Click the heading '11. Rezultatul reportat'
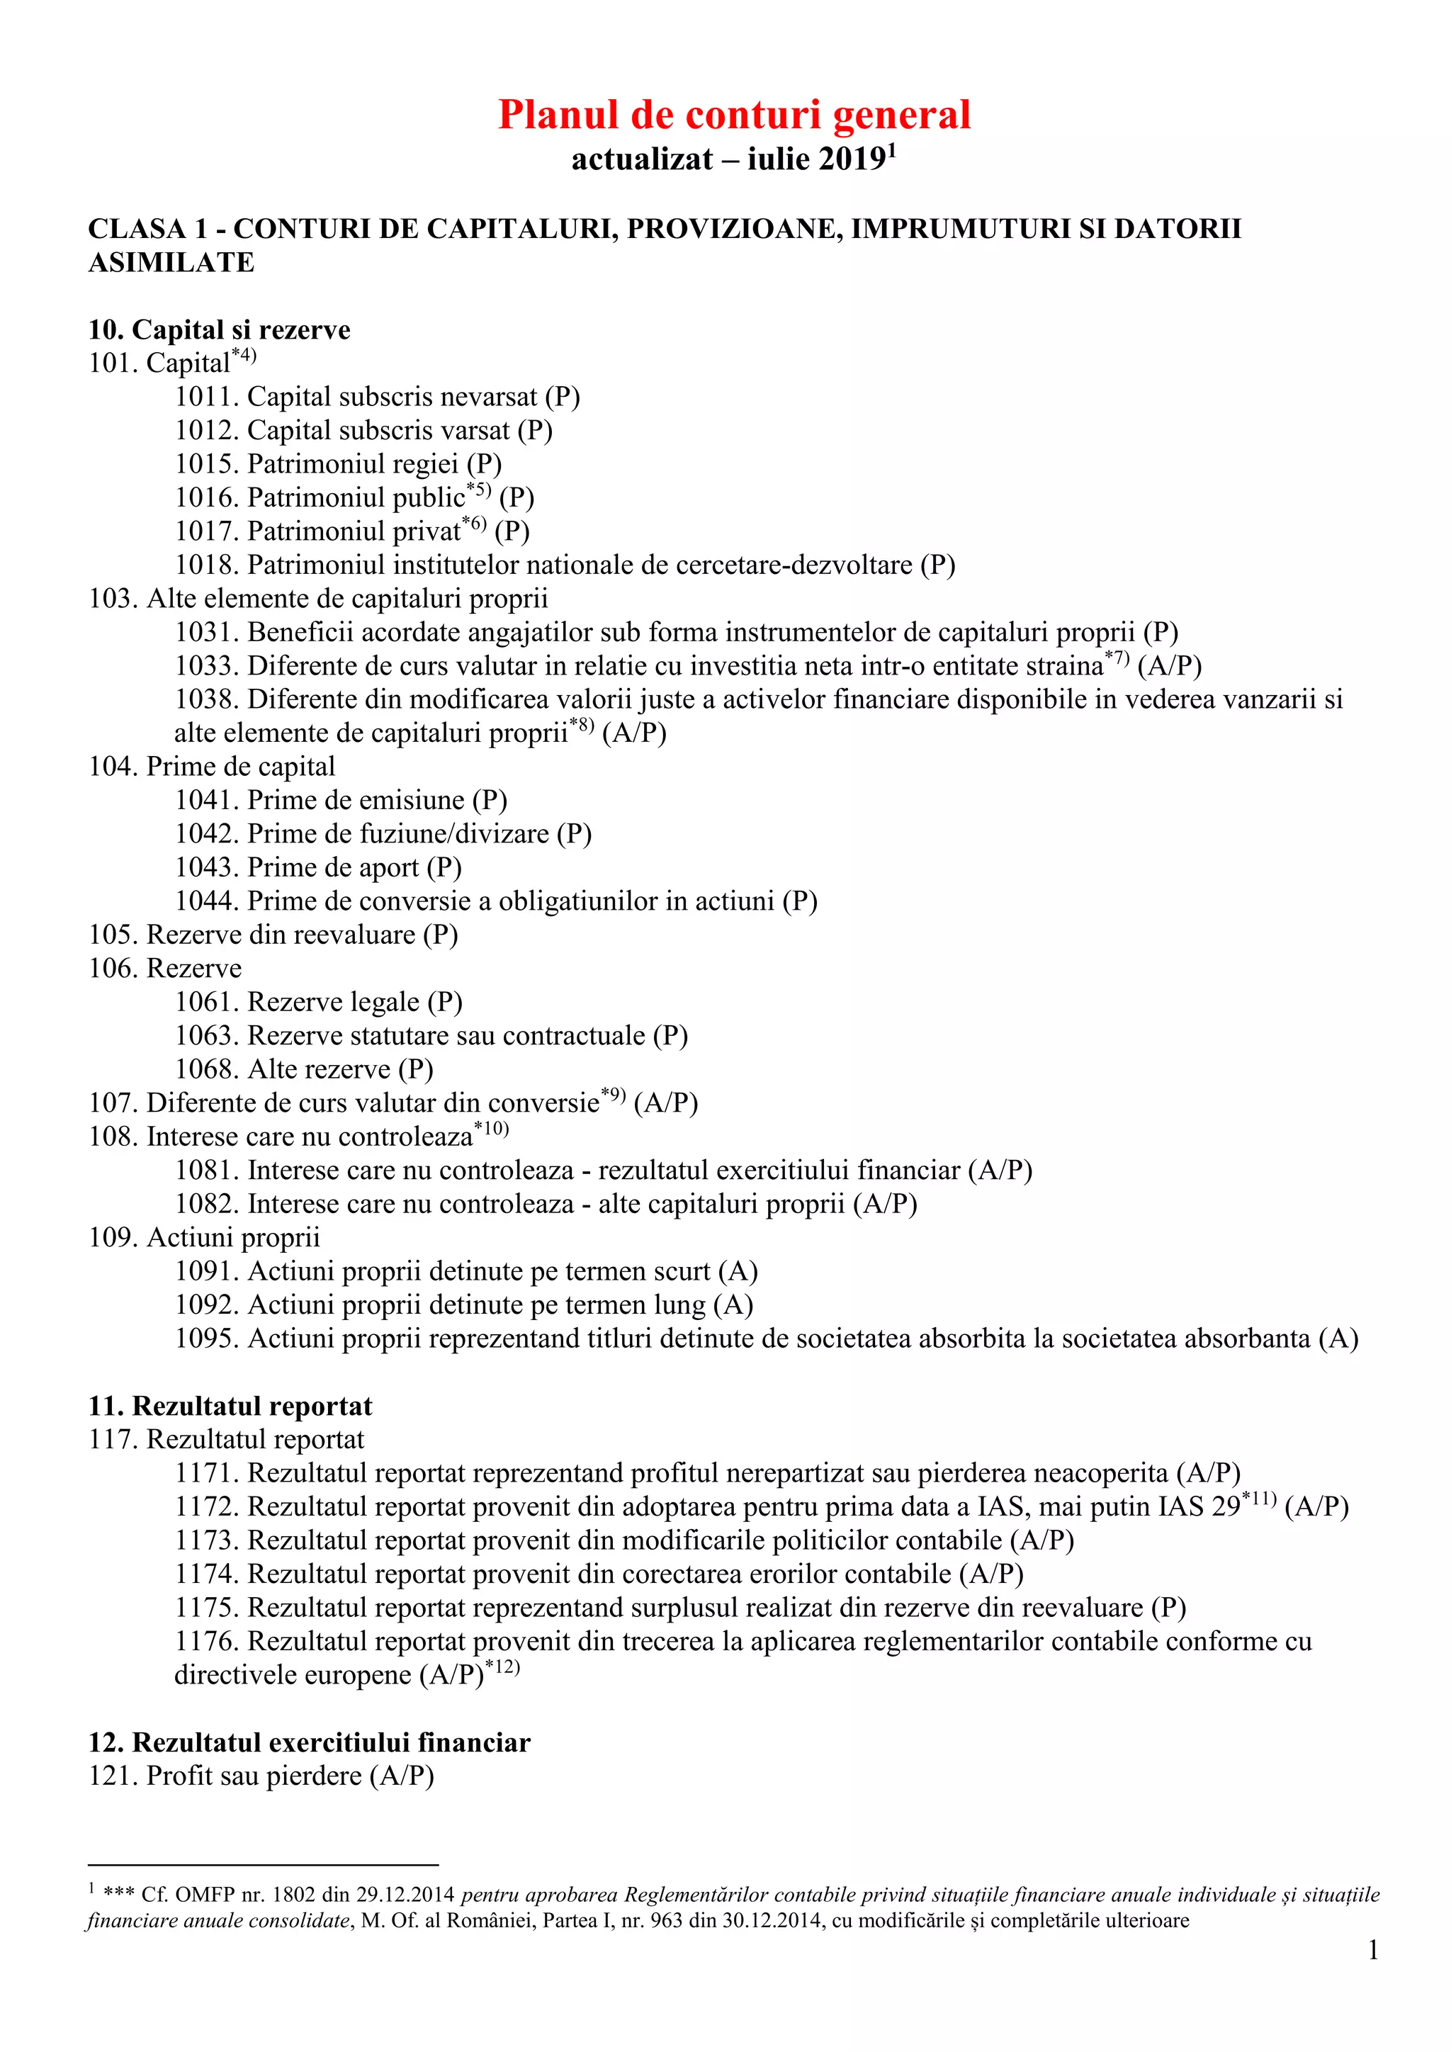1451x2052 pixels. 230,1406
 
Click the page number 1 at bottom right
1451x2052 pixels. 1373,1951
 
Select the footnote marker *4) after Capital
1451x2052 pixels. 244,356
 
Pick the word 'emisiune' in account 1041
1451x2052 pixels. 412,801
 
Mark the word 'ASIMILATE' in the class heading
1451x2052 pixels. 171,263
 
